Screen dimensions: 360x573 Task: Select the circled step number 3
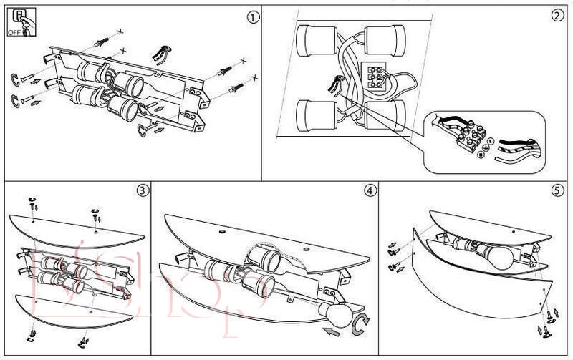coord(143,190)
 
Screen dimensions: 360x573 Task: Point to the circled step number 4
coord(369,190)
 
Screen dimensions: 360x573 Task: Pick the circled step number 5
coord(557,190)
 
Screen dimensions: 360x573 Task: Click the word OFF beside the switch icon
coord(15,33)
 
